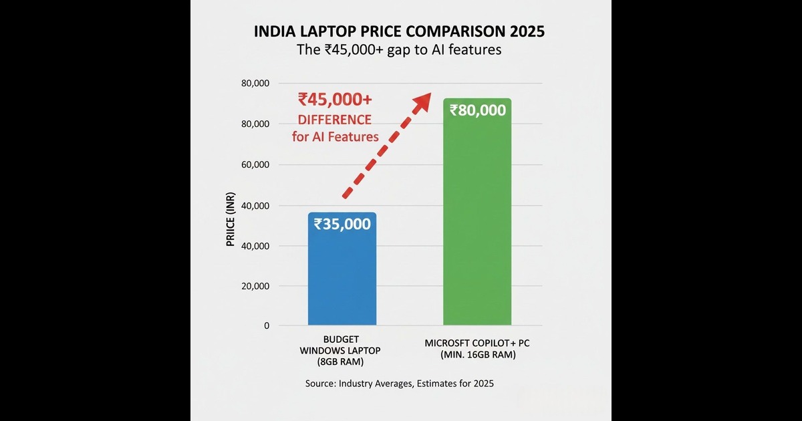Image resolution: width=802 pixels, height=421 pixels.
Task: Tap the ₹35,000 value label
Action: click(x=342, y=225)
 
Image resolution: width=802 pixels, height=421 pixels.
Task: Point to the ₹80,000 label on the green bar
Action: click(x=477, y=110)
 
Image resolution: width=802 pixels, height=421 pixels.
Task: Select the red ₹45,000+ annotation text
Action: click(x=336, y=100)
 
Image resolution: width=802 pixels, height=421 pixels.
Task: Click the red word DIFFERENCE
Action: click(x=335, y=120)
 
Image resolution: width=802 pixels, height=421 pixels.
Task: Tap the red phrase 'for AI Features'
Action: click(x=336, y=137)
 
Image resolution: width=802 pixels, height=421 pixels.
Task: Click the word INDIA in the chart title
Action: click(x=276, y=32)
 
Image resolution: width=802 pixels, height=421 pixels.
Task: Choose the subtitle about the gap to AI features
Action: click(x=399, y=50)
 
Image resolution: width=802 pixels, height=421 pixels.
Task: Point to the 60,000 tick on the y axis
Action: click(x=255, y=165)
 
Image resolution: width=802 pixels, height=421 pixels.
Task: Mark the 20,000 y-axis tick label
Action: click(x=255, y=287)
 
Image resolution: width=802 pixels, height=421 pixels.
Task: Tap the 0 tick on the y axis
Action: click(x=266, y=326)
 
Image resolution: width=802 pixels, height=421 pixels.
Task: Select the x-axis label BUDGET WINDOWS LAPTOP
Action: click(x=342, y=345)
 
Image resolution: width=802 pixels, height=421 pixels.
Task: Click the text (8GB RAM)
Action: click(x=342, y=362)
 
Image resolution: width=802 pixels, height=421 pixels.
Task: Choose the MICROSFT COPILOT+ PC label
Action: click(x=477, y=343)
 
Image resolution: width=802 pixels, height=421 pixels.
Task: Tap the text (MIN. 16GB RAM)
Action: click(x=477, y=356)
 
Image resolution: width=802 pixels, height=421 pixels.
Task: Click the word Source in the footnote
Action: click(x=318, y=384)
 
